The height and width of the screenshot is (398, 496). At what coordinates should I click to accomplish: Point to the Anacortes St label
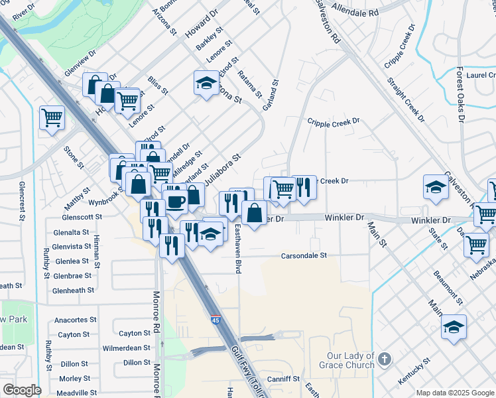[x=71, y=320]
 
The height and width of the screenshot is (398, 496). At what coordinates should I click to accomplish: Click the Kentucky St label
[x=415, y=371]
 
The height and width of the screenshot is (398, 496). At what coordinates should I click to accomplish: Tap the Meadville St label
[x=72, y=393]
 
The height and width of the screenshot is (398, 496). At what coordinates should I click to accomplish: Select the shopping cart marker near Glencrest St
[x=52, y=118]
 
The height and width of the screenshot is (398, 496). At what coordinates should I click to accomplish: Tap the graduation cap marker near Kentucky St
[x=454, y=326]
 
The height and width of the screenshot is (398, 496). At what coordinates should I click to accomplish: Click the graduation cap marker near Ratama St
[x=206, y=82]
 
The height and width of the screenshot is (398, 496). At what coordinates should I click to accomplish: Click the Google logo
[x=21, y=390]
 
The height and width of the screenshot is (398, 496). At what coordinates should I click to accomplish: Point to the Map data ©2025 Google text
[x=454, y=393]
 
